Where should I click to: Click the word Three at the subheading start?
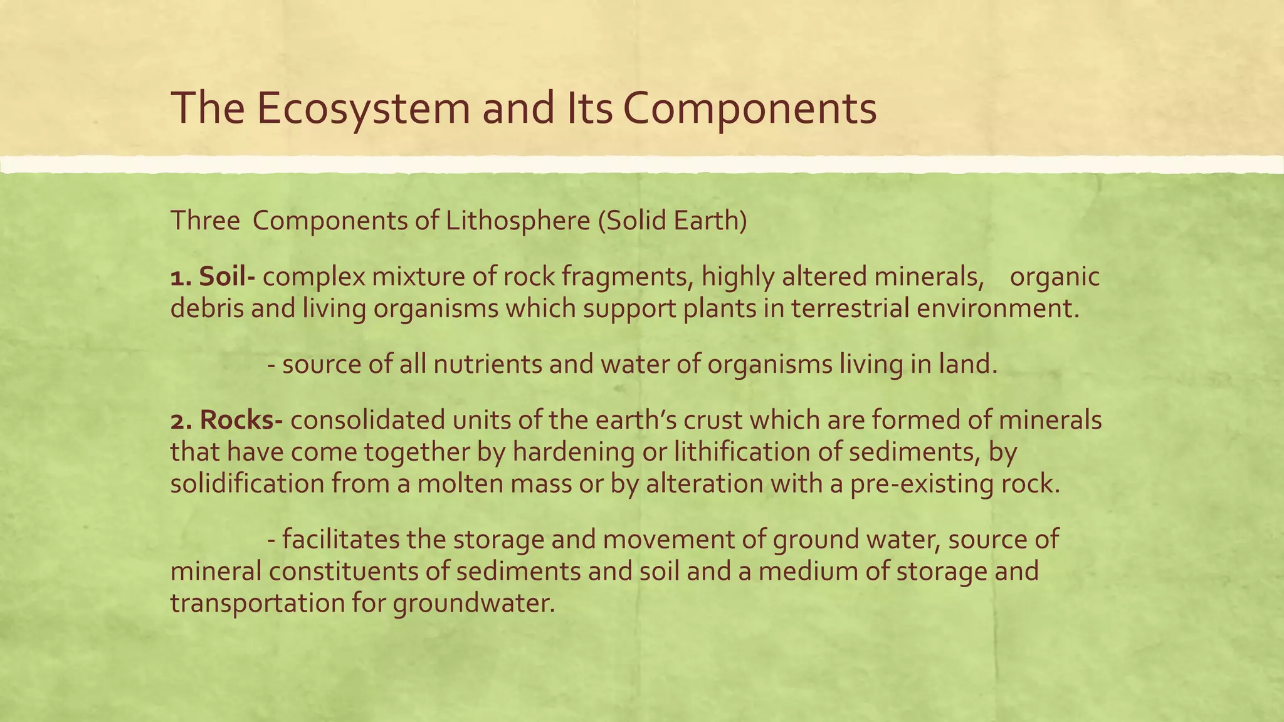[205, 221]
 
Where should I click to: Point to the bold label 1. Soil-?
[213, 276]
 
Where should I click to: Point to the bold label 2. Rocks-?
[227, 420]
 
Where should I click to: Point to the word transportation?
[257, 603]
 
